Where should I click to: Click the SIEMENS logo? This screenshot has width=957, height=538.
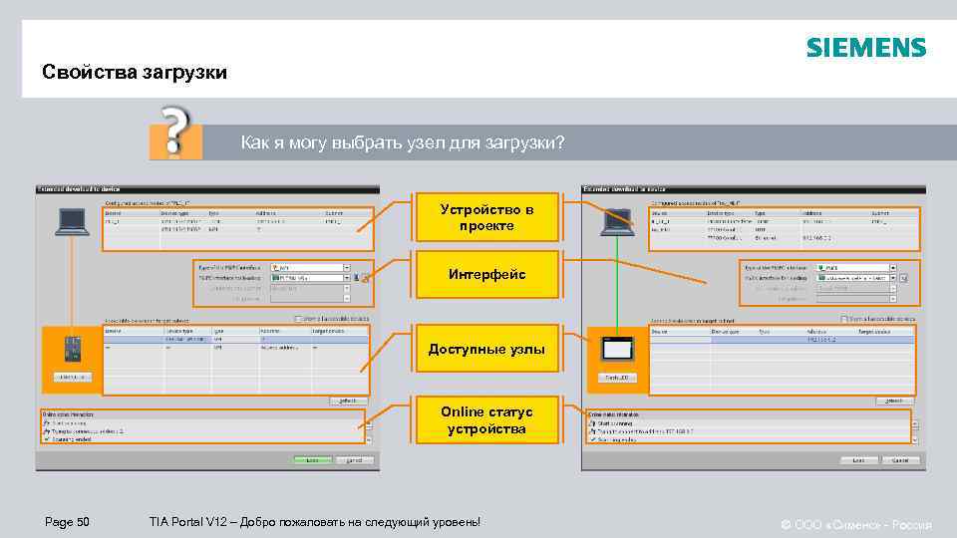pos(865,47)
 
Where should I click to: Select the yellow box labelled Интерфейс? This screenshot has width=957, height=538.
pos(486,274)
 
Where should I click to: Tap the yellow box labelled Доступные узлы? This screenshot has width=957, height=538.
pos(486,349)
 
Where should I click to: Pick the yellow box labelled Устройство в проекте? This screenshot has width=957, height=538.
pos(486,217)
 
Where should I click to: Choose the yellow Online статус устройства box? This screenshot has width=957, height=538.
pos(486,420)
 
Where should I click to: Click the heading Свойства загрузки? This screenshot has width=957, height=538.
pos(135,73)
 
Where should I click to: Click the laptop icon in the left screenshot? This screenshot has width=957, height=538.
pos(71,220)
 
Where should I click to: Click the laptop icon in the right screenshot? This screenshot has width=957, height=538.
pos(616,220)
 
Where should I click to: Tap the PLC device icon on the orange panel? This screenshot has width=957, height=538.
pos(72,349)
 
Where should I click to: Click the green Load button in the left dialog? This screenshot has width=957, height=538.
pos(312,460)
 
